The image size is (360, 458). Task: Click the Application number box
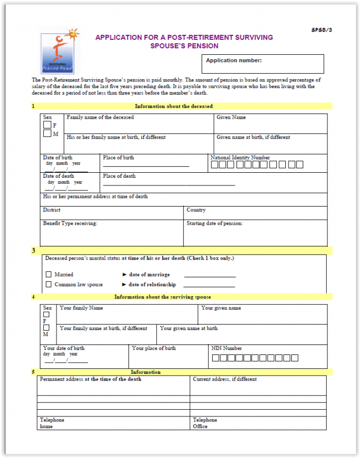pyautogui.click(x=263, y=64)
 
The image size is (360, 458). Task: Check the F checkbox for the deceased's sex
pyautogui.click(x=48, y=125)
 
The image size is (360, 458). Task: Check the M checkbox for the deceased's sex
pyautogui.click(x=48, y=133)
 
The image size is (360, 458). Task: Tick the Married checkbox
pyautogui.click(x=48, y=274)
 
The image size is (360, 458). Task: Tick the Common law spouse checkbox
pyautogui.click(x=48, y=285)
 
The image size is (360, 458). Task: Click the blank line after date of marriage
pyautogui.click(x=209, y=275)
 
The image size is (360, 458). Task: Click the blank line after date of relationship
pyautogui.click(x=209, y=285)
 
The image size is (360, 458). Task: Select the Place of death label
pyautogui.click(x=119, y=176)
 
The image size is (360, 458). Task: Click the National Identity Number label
pyautogui.click(x=240, y=158)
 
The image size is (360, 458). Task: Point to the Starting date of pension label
pyautogui.click(x=215, y=224)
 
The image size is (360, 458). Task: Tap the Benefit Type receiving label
pyautogui.click(x=70, y=224)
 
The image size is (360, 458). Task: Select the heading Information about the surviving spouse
pyautogui.click(x=162, y=297)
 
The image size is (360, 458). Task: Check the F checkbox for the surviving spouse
pyautogui.click(x=46, y=314)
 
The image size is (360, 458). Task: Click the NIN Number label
pyautogui.click(x=227, y=348)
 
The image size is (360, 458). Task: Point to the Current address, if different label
pyautogui.click(x=224, y=379)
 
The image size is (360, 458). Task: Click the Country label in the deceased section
pyautogui.click(x=196, y=210)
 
